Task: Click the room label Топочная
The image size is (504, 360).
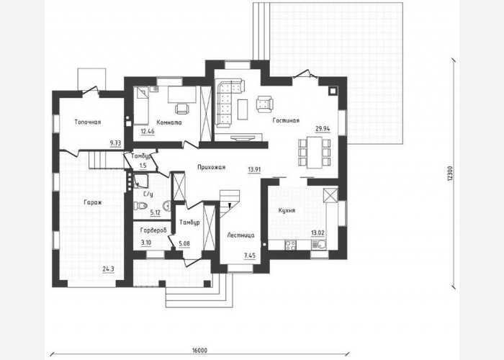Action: [x=88, y=122]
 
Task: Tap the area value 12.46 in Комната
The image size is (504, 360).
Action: [x=148, y=131]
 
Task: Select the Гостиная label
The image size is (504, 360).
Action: [x=286, y=120]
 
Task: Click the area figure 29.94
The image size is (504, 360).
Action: [x=323, y=129]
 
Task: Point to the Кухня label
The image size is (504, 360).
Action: [x=287, y=211]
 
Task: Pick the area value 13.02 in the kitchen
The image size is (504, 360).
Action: [x=318, y=233]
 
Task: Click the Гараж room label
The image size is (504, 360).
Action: [x=93, y=202]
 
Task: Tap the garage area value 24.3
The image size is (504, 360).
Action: [x=108, y=269]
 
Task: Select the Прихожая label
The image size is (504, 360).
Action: [x=211, y=167]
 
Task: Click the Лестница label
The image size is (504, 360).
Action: [x=240, y=235]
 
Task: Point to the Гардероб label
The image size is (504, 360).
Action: [x=153, y=230]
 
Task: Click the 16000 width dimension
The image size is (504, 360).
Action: [x=199, y=350]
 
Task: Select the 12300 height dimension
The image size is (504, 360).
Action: [x=450, y=174]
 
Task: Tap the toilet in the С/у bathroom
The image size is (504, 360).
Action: [x=140, y=205]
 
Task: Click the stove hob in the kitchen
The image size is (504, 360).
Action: [x=291, y=246]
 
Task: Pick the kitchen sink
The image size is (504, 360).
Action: [x=318, y=246]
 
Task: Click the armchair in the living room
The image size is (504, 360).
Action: [x=264, y=104]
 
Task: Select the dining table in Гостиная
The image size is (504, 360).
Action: [x=315, y=153]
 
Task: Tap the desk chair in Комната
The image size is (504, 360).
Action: [x=182, y=108]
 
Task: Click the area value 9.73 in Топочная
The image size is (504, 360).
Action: [x=116, y=143]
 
